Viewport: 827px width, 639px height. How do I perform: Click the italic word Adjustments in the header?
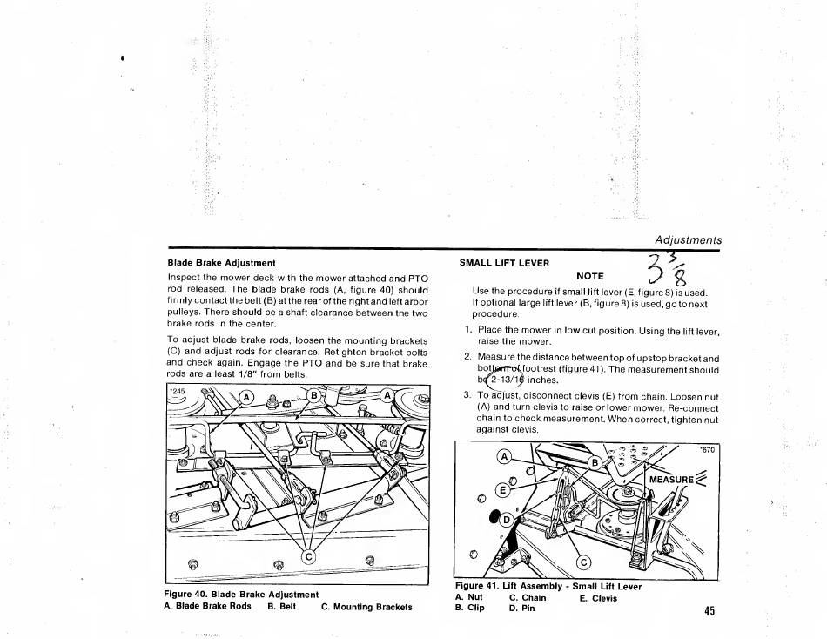688,240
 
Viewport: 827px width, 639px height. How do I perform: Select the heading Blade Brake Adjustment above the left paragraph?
221,262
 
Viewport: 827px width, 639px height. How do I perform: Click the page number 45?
709,611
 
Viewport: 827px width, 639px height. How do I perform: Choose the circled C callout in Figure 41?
584,561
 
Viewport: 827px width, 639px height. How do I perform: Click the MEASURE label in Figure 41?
670,478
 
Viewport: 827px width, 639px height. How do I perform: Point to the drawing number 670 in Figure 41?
706,450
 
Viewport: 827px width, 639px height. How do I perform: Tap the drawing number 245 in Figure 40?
179,392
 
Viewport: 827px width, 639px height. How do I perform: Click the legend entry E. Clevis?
598,598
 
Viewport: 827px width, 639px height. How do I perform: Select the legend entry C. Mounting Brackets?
366,607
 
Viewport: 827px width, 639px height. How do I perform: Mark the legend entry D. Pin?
522,609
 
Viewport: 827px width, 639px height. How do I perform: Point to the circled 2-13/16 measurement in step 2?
505,380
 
